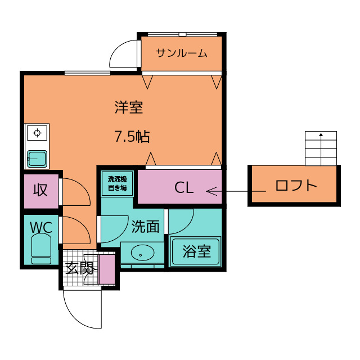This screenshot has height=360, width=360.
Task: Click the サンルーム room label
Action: [182, 53]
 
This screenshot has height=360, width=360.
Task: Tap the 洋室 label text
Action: [129, 107]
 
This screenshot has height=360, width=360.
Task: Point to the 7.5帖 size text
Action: [132, 136]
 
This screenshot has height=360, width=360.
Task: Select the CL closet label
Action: [184, 187]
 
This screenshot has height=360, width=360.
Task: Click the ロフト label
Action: [296, 185]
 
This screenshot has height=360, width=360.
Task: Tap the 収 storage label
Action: [40, 190]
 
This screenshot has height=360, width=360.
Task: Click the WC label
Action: [41, 227]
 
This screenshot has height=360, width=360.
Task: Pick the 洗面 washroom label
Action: [145, 226]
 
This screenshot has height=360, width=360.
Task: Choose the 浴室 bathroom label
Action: [196, 251]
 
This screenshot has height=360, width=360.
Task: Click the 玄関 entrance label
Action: [80, 268]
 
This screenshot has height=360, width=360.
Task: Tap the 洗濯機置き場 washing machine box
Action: [118, 184]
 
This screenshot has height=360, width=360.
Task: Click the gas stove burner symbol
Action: [37, 133]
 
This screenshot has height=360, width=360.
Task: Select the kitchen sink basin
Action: [37, 159]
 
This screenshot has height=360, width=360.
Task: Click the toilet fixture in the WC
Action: [41, 249]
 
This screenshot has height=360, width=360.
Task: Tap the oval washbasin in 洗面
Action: [142, 253]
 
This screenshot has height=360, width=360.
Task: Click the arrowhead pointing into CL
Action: [211, 191]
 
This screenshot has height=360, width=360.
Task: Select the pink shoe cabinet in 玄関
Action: [107, 269]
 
